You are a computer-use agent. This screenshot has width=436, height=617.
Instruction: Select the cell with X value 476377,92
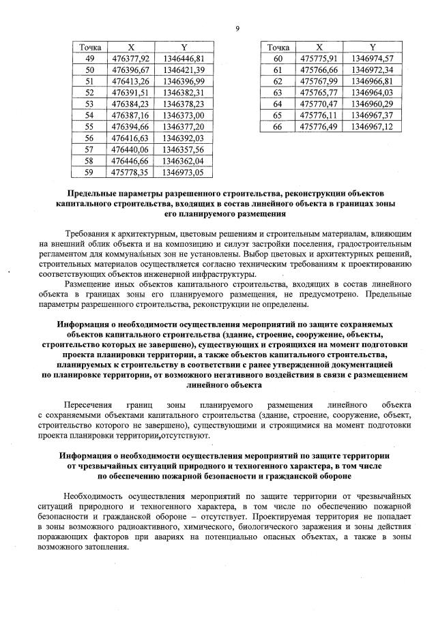130,59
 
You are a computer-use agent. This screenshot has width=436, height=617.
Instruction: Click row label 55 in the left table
90,127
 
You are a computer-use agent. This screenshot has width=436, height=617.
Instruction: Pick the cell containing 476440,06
130,149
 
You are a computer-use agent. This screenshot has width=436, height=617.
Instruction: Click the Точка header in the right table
278,47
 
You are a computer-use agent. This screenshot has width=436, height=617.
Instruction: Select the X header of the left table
130,47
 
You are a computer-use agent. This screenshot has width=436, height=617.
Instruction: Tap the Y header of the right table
372,47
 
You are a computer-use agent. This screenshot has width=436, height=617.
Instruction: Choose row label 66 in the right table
278,127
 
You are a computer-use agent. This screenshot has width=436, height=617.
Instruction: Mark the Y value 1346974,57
372,59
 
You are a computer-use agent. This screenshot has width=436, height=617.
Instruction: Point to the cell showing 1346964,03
372,93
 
